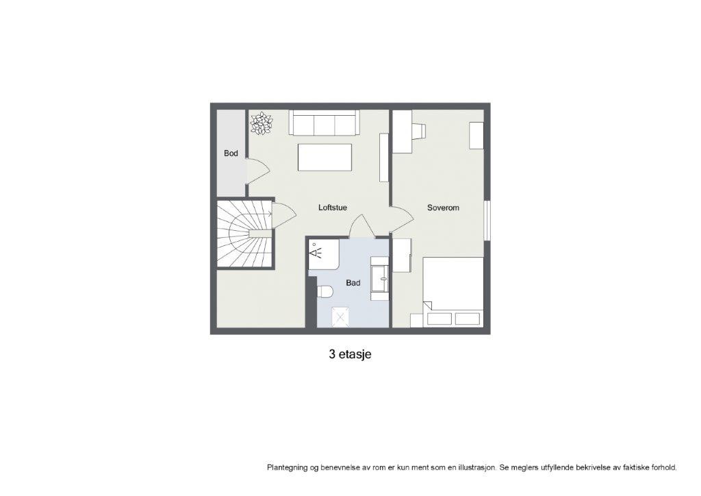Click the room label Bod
coord(231,153)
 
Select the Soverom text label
coord(443,207)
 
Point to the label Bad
coord(353,282)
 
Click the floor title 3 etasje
coord(350,355)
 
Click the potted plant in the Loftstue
coord(261,123)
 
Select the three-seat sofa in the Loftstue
coord(324,123)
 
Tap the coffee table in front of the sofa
coord(325,157)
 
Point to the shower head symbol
coord(316,252)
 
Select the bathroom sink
coord(380,280)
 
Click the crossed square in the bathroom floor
coord(341,317)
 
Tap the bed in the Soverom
coord(453,291)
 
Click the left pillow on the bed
coord(439,319)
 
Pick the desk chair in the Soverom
coord(419,130)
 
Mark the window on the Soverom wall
coord(487,220)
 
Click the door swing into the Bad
coord(361,227)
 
